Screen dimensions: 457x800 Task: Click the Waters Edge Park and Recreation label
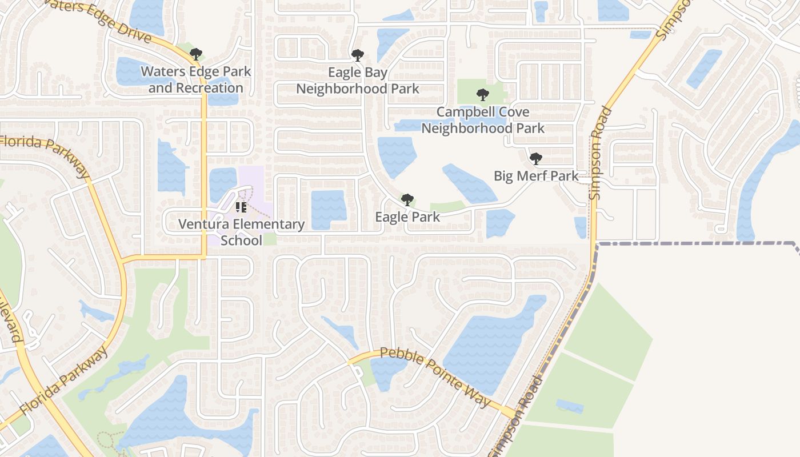(x=195, y=80)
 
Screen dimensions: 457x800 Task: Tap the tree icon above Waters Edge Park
(x=196, y=55)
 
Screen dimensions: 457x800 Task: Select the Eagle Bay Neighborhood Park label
(x=358, y=81)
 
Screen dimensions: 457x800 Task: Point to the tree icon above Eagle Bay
(x=358, y=55)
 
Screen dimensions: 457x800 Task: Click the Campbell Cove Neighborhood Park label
(x=483, y=120)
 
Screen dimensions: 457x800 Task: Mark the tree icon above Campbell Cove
(x=483, y=95)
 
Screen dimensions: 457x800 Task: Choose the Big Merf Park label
(x=536, y=176)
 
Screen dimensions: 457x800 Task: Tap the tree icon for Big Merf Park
(x=535, y=158)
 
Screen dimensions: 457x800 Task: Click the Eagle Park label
(x=407, y=217)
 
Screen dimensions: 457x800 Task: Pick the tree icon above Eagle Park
(x=407, y=199)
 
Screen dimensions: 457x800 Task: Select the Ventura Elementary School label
(x=241, y=232)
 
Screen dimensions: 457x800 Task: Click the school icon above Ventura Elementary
(x=241, y=207)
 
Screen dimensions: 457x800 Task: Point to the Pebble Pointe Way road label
(x=435, y=377)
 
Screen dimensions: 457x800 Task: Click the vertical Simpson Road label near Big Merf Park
(x=600, y=153)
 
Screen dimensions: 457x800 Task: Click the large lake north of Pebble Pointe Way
(x=491, y=337)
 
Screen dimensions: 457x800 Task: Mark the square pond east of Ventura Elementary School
(x=329, y=209)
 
